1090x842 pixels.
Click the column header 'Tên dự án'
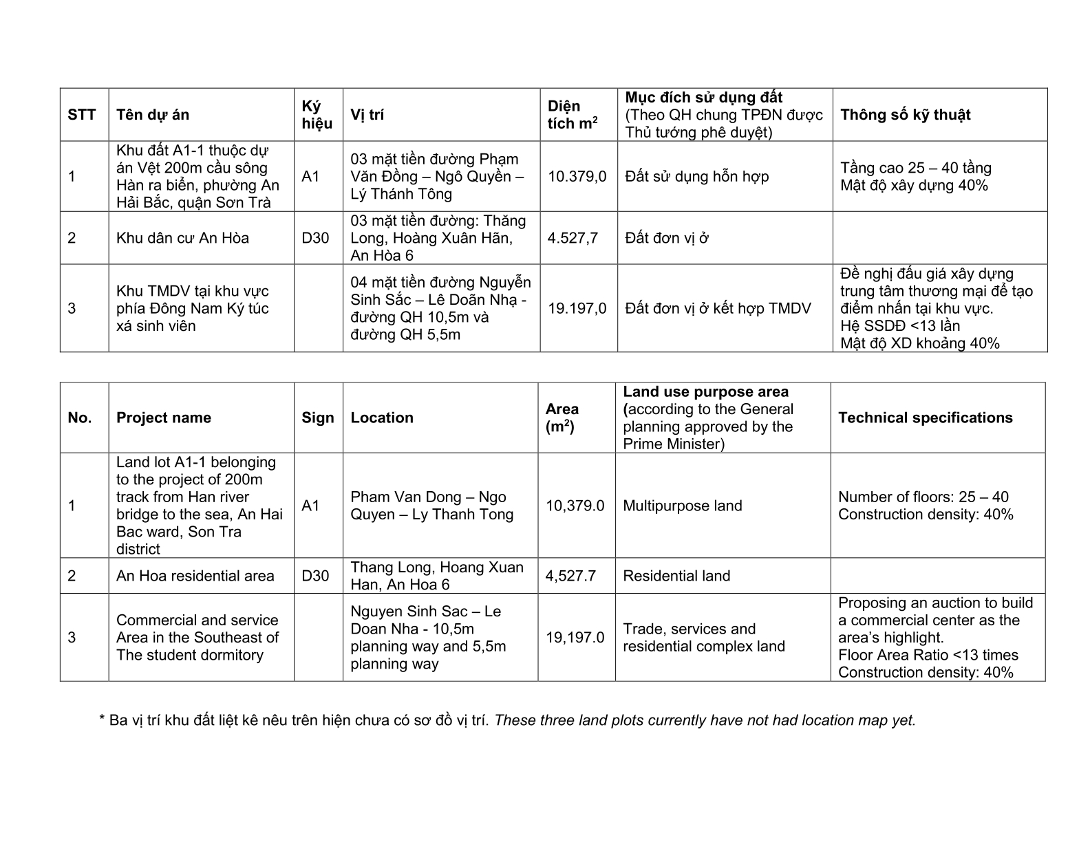152,115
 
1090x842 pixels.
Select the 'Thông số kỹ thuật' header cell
905,115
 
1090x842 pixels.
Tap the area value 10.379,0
577,177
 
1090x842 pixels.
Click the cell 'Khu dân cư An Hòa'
182,239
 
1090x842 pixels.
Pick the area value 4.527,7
573,239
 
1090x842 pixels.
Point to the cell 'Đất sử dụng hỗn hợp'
697,177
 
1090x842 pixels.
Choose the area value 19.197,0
577,308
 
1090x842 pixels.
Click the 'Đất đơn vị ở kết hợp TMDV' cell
718,308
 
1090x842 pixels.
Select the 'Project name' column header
164,418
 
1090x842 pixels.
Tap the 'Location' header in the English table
382,418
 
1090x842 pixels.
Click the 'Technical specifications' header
925,418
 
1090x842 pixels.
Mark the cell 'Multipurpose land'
682,506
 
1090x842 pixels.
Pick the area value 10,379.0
575,506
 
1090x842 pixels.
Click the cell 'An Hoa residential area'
195,576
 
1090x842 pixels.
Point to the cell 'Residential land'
676,576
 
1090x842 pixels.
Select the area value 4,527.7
570,576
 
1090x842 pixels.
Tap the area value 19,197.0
575,638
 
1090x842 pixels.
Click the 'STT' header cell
82,115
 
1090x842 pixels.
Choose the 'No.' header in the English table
80,418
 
